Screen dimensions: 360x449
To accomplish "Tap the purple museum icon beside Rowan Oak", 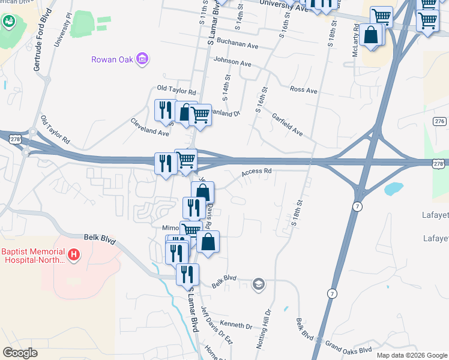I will pyautogui.click(x=143, y=59).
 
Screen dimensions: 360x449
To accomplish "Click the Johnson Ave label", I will pyautogui.click(x=232, y=62).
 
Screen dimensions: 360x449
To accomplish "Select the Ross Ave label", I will pyautogui.click(x=303, y=89).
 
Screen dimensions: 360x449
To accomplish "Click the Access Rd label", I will pyautogui.click(x=257, y=172).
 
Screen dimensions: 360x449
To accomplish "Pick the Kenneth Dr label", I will pyautogui.click(x=241, y=326).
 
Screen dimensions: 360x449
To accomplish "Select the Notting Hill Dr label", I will pyautogui.click(x=268, y=323).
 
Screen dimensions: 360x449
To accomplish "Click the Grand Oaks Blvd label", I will pyautogui.click(x=348, y=348).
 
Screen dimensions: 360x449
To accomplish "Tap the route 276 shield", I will pyautogui.click(x=439, y=121).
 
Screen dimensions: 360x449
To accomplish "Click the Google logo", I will pyautogui.click(x=20, y=353).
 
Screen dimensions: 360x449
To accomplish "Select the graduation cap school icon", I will pyautogui.click(x=259, y=284).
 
